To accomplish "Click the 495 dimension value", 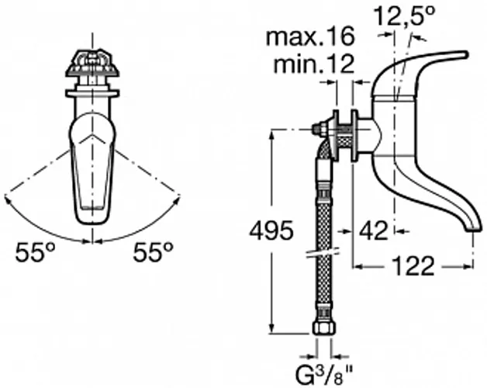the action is [271, 230].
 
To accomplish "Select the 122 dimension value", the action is [413, 266].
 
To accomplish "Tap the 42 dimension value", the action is [374, 230].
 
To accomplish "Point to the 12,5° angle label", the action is [404, 16].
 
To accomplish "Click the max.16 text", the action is [310, 36].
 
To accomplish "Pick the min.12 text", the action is [314, 64].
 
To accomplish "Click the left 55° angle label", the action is [35, 252].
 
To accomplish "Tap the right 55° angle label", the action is [153, 252].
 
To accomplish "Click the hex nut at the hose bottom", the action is [324, 328].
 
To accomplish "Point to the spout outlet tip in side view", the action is [474, 228].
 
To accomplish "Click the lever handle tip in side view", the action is [465, 54].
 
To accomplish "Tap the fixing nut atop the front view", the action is [92, 63].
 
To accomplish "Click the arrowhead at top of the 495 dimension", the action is [271, 134].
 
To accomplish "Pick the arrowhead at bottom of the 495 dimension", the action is [271, 328].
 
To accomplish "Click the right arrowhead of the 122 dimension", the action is [468, 266].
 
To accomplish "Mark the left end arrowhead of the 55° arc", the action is [7, 199].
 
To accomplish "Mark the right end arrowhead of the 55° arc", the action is [178, 199].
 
